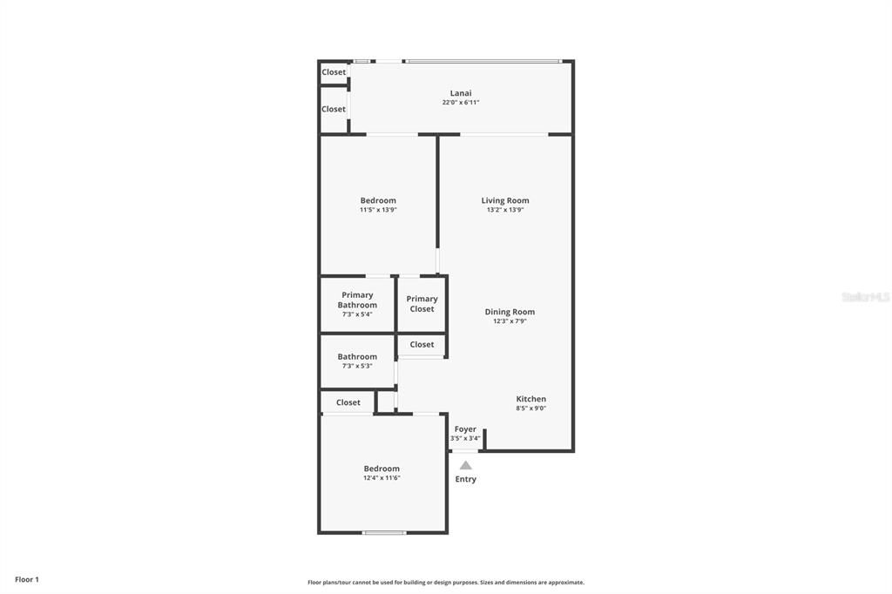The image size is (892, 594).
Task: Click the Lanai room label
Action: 461,93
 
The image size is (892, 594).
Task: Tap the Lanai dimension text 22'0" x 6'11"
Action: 461,103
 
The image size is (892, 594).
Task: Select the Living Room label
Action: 505,200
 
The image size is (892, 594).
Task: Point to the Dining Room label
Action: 510,312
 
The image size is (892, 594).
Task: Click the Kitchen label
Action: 531,399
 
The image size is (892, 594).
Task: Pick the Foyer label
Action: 465,429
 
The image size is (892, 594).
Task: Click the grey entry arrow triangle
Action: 466,465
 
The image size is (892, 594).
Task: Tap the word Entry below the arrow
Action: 466,479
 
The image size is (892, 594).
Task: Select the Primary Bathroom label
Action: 357,300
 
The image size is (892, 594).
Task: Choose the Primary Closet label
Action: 422,303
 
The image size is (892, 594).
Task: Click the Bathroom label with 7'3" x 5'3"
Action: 357,356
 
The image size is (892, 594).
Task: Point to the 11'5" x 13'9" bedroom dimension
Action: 378,210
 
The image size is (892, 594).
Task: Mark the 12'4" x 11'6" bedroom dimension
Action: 382,478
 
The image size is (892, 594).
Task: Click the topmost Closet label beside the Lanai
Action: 334,72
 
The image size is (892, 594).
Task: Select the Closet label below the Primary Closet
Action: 422,344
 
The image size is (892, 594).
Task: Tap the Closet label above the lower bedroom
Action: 348,402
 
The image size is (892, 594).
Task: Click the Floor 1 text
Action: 27,579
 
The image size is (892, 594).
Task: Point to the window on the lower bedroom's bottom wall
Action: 384,532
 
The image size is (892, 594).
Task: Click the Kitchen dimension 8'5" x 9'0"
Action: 531,408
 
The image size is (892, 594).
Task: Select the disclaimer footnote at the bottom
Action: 446,583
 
